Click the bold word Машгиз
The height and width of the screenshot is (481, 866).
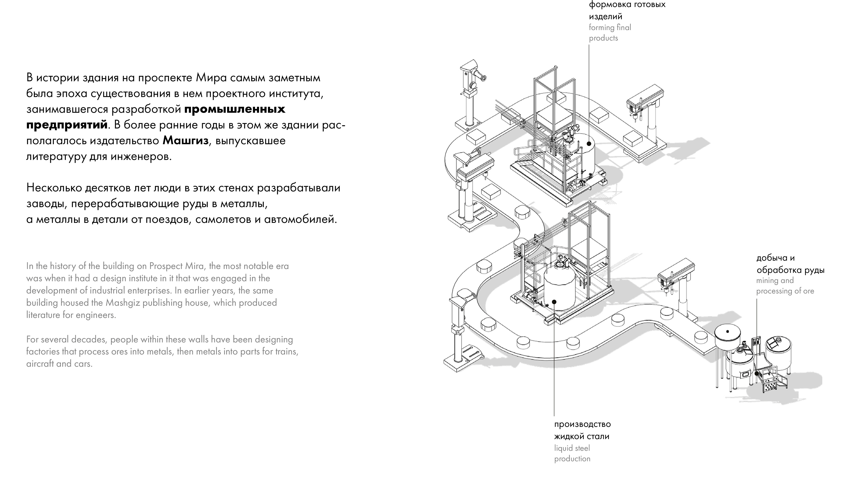186,140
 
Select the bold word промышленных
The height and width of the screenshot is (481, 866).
235,109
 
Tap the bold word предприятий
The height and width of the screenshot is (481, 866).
67,125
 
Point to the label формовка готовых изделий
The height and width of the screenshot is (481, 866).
627,10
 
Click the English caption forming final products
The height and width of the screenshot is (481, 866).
610,33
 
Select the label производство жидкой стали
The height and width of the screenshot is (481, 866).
582,430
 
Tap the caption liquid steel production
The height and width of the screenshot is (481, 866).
572,453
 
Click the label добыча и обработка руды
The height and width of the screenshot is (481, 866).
790,264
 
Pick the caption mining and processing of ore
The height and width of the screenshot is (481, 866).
785,285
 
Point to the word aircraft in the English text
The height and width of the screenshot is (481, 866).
40,364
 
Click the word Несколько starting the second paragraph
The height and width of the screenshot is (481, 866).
54,188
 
